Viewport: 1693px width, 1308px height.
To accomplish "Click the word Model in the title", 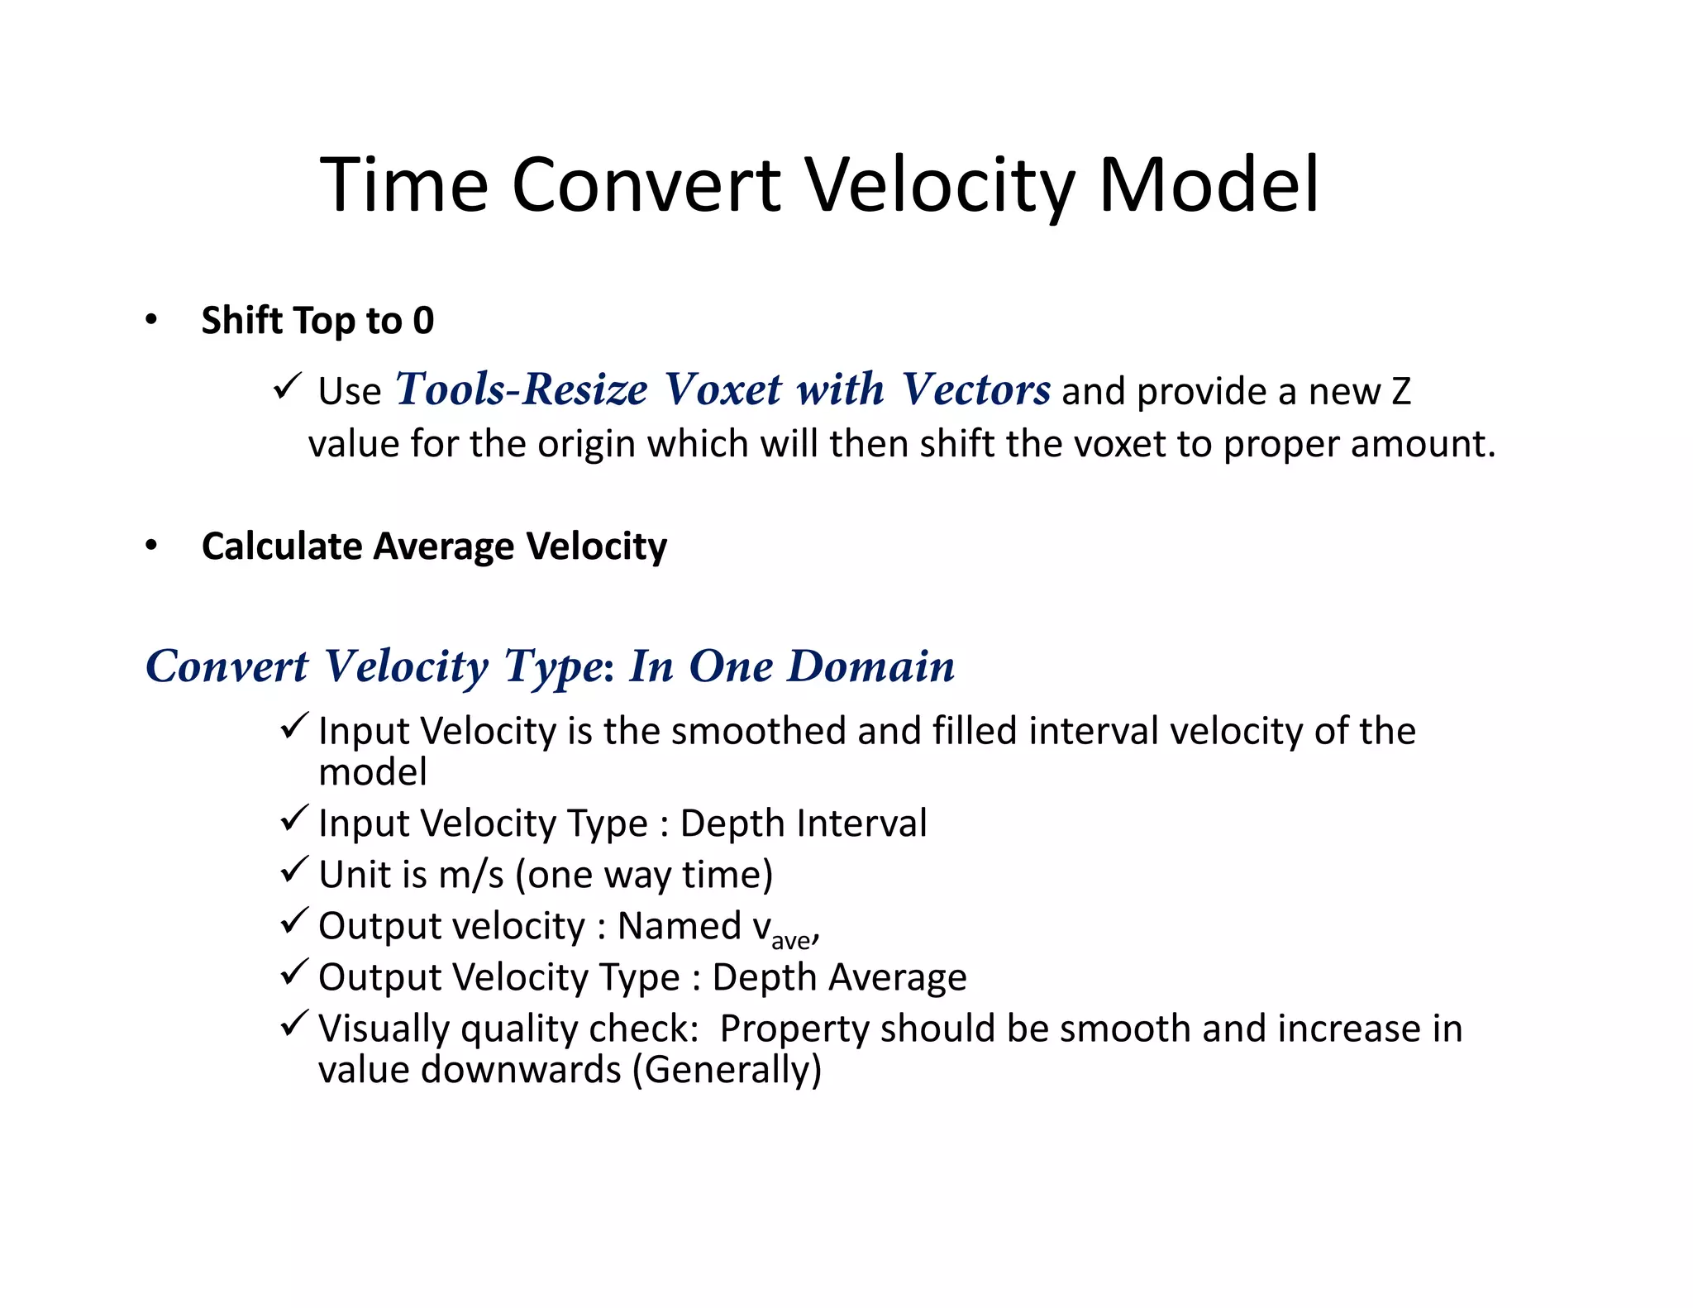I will pyautogui.click(x=1208, y=185).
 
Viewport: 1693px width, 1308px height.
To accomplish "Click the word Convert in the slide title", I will pyautogui.click(x=646, y=185).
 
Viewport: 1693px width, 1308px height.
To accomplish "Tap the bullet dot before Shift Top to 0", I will pyautogui.click(x=150, y=321).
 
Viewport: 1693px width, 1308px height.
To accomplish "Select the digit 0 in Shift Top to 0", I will pyautogui.click(x=423, y=321).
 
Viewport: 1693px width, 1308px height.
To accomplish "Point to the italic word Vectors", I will pyautogui.click(x=975, y=389).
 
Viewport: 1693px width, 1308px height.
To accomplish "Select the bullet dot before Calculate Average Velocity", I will pyautogui.click(x=150, y=547).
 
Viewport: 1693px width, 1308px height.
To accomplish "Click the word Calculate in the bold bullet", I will pyautogui.click(x=281, y=547).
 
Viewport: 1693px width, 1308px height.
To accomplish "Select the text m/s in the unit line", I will pyautogui.click(x=470, y=875).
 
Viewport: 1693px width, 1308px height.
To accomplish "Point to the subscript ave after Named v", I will pyautogui.click(x=790, y=941).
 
